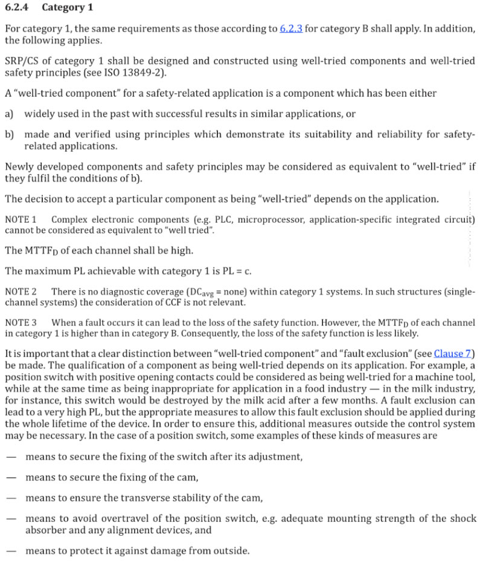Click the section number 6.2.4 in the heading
[18, 8]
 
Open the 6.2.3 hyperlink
[291, 29]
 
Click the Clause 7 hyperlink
[453, 354]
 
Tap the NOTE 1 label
[21, 219]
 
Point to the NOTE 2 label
[21, 291]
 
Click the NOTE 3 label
[21, 323]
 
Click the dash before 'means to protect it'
[10, 551]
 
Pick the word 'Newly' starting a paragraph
[18, 168]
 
